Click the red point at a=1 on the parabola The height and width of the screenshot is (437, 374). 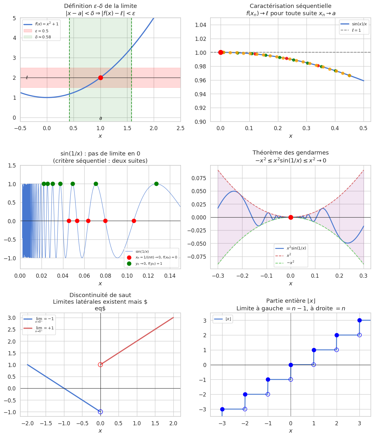(100, 78)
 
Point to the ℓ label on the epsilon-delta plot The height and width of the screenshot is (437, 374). (27, 78)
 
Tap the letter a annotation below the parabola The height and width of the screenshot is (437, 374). (100, 118)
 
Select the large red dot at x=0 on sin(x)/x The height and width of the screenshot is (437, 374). (221, 52)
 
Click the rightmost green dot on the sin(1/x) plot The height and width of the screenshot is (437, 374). (156, 184)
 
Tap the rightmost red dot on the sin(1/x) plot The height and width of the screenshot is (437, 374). (134, 221)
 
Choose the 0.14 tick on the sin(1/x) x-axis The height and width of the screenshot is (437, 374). (170, 276)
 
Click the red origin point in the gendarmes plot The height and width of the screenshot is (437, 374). (291, 217)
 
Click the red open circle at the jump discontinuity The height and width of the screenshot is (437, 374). (100, 365)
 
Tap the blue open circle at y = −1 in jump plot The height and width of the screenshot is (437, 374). (100, 412)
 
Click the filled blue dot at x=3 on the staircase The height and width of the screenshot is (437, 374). (359, 320)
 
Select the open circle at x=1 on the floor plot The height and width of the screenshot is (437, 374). (314, 365)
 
